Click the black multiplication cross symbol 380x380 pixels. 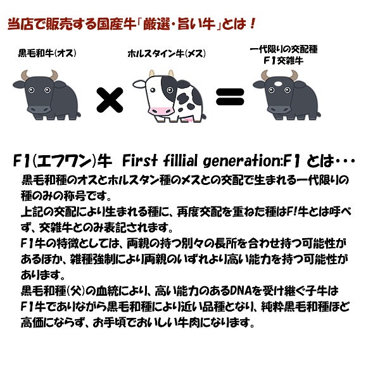tap(110, 100)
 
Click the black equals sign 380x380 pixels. tap(230, 97)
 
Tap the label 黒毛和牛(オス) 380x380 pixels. tap(47, 53)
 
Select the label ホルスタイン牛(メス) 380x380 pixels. tap(167, 54)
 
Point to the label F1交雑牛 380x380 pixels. tap(283, 61)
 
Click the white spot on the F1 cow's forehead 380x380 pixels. tap(278, 84)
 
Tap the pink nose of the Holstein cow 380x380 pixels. tap(161, 111)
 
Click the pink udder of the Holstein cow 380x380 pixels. tap(189, 120)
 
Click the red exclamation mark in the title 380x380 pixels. tap(252, 24)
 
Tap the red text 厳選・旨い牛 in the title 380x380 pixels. tap(179, 24)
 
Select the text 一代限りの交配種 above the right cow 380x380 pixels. tap(284, 49)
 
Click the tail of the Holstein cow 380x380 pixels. tap(204, 117)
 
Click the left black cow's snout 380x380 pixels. tap(39, 110)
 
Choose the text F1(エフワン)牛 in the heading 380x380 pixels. tap(62, 161)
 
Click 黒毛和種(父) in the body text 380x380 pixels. tap(53, 291)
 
